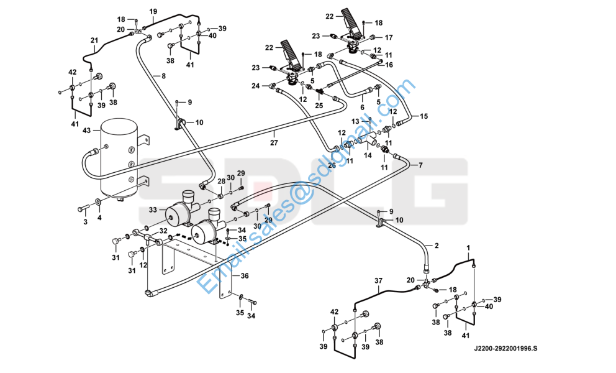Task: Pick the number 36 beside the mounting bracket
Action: point(245,276)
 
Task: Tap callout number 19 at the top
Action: point(153,11)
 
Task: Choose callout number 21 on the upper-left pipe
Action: point(94,42)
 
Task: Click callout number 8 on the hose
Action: point(164,76)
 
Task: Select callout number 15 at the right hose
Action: point(425,116)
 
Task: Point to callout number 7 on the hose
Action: point(420,165)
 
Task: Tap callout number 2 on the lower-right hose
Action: point(436,246)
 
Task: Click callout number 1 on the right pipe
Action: point(469,248)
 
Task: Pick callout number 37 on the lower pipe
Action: point(378,281)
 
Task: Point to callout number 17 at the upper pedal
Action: point(389,37)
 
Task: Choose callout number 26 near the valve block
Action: point(332,165)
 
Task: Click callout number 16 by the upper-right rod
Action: point(389,64)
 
